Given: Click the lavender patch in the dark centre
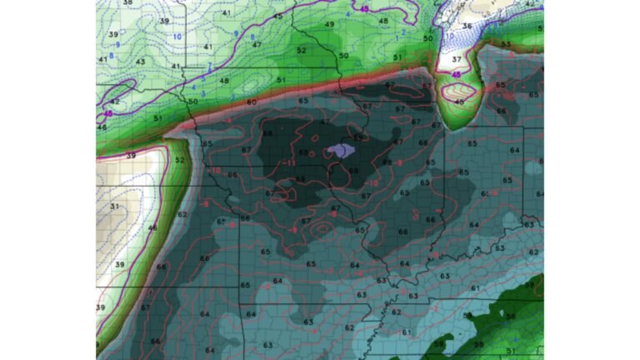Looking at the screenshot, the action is pyautogui.click(x=341, y=150).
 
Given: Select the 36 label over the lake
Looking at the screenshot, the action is pyautogui.click(x=467, y=26).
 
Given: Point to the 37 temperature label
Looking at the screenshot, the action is pyautogui.click(x=456, y=60).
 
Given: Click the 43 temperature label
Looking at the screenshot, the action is pyautogui.click(x=141, y=62).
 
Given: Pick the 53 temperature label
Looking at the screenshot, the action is pyautogui.click(x=506, y=43).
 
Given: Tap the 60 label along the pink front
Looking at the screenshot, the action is pyautogui.click(x=252, y=102).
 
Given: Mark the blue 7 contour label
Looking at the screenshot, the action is pyautogui.click(x=210, y=64).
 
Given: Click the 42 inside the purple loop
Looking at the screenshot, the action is pyautogui.click(x=113, y=101).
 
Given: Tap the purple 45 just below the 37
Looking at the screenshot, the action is pyautogui.click(x=456, y=74).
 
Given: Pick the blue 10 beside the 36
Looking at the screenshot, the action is pyautogui.click(x=450, y=36).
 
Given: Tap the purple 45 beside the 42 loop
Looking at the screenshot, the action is pyautogui.click(x=107, y=112).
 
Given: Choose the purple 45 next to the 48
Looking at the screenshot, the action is pyautogui.click(x=365, y=9).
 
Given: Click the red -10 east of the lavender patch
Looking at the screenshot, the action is pyautogui.click(x=372, y=182).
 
